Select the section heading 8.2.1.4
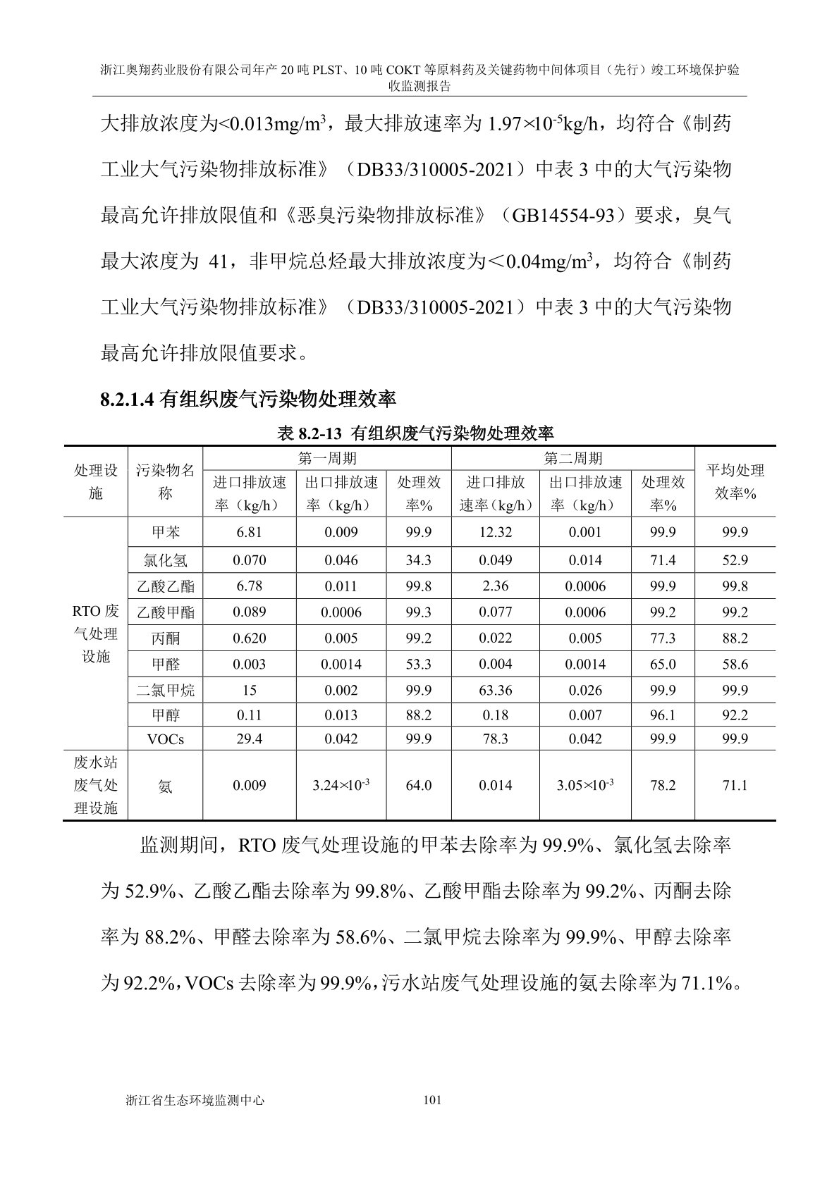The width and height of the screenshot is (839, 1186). point(248,400)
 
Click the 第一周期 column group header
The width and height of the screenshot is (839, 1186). point(326,459)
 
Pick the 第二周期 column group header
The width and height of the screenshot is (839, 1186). point(572,459)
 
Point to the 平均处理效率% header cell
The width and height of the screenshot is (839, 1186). point(735,482)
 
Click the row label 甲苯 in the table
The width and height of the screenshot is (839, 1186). point(165,532)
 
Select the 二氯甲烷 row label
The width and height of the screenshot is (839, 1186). point(165,690)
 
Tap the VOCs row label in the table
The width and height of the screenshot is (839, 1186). point(165,739)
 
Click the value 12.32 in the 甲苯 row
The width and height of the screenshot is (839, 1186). point(495,532)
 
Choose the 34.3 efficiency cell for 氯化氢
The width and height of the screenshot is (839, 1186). point(418,560)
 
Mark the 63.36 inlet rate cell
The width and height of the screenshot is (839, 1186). point(495,690)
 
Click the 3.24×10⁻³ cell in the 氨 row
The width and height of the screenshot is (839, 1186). point(341,785)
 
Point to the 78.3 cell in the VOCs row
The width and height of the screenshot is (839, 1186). point(495,739)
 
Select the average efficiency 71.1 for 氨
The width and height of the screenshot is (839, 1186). point(735,785)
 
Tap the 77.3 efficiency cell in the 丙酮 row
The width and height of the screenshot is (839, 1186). point(662,638)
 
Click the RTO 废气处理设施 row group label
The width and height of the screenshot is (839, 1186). point(96,633)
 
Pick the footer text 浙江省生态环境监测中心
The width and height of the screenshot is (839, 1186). point(194,1099)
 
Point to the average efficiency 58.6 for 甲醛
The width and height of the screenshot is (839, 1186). point(735,664)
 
